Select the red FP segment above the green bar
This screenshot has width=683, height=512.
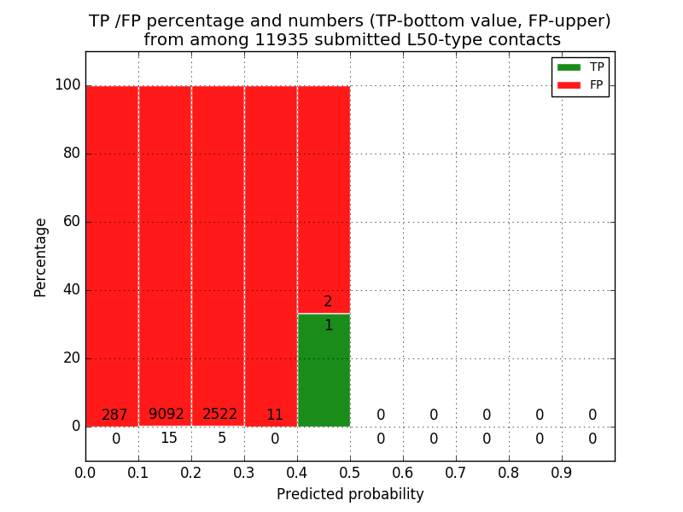click(x=324, y=196)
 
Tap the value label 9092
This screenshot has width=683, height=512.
click(x=166, y=415)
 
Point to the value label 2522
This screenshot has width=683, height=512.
click(x=220, y=415)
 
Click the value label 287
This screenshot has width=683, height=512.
click(x=114, y=416)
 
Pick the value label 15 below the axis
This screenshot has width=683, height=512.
click(x=169, y=439)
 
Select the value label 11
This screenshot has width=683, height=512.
click(x=274, y=416)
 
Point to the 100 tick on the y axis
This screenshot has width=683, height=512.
click(x=67, y=85)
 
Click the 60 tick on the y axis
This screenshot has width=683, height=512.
click(x=71, y=222)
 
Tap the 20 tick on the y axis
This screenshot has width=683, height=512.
click(x=71, y=358)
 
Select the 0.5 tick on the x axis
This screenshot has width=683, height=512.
click(x=350, y=472)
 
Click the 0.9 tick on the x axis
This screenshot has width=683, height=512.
click(x=562, y=472)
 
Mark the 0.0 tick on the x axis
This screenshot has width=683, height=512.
click(x=85, y=472)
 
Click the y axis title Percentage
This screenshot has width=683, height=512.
click(x=41, y=257)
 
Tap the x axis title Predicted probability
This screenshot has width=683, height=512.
click(x=350, y=495)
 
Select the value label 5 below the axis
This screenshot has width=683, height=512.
click(x=222, y=439)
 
